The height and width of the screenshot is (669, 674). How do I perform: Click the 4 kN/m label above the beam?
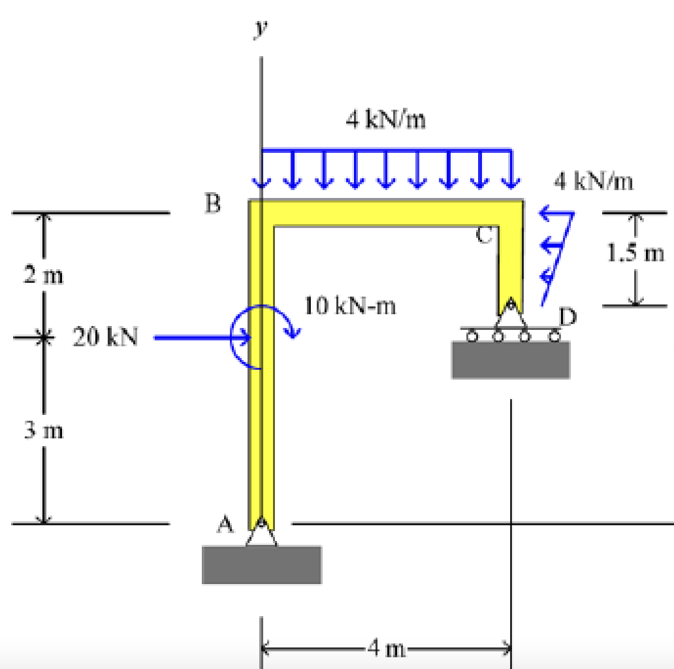pyautogui.click(x=386, y=120)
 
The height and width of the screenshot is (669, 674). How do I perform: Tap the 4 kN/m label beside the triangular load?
pyautogui.click(x=594, y=181)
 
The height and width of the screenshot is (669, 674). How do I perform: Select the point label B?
pyautogui.click(x=212, y=204)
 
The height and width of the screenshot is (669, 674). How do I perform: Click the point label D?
pyautogui.click(x=568, y=318)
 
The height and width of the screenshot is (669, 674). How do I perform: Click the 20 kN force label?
pyautogui.click(x=105, y=337)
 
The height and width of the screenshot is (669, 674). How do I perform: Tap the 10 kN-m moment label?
pyautogui.click(x=350, y=306)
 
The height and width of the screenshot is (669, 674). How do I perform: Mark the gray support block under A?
pyautogui.click(x=261, y=564)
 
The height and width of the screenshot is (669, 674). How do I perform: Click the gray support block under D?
pyautogui.click(x=510, y=359)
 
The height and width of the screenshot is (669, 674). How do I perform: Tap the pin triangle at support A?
pyautogui.click(x=261, y=533)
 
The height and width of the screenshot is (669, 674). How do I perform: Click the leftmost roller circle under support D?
pyautogui.click(x=470, y=337)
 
